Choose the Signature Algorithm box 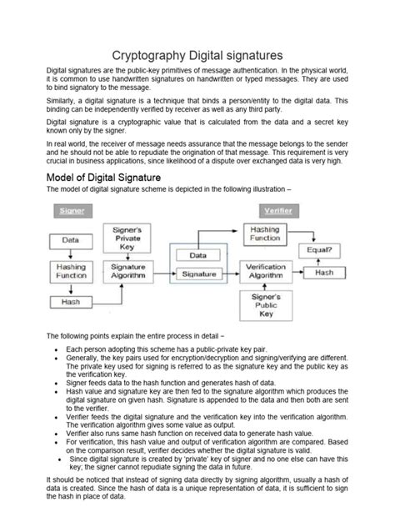click(127, 272)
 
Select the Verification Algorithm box click(268, 272)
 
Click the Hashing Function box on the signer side click(71, 272)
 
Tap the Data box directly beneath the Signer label click(71, 240)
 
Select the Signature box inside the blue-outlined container click(197, 273)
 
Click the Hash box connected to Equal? click(324, 273)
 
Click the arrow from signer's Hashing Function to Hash click(71, 289)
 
